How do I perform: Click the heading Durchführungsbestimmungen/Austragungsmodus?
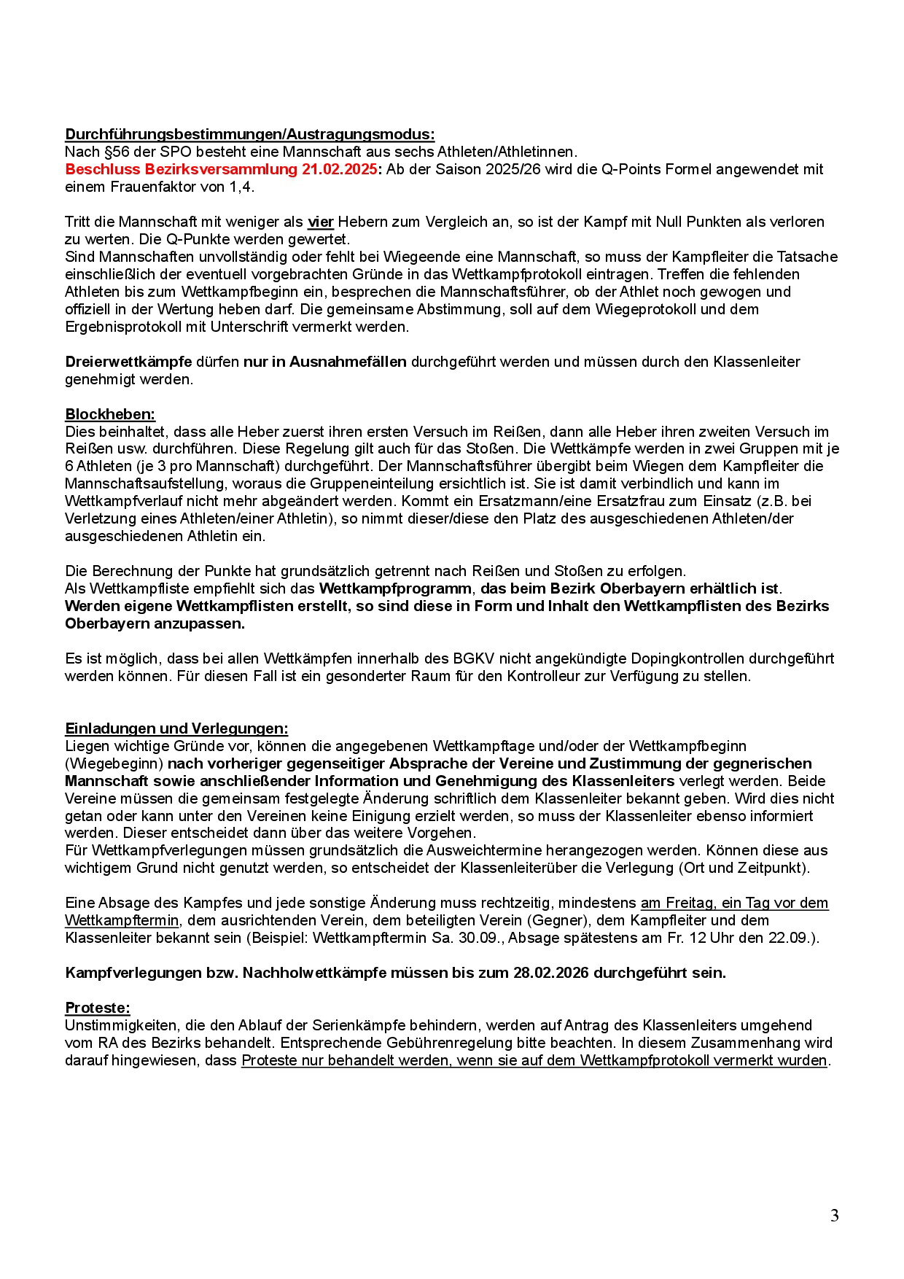[249, 134]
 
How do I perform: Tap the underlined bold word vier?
[321, 222]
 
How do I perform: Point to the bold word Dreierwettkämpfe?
[128, 362]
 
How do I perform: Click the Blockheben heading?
[110, 414]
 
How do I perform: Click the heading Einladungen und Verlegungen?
[176, 728]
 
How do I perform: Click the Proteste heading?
[98, 1008]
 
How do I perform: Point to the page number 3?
[834, 1216]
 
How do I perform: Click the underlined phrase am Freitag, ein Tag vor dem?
[734, 903]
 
